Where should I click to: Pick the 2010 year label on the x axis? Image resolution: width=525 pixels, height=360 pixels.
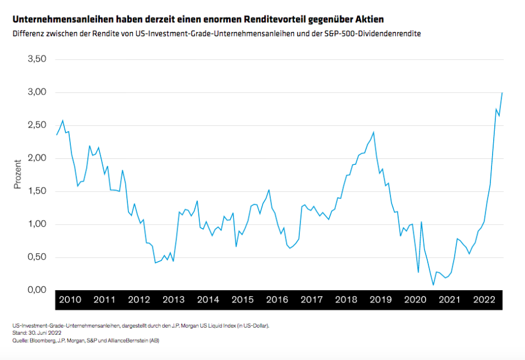(x=70, y=300)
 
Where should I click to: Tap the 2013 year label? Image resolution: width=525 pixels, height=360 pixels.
(x=173, y=300)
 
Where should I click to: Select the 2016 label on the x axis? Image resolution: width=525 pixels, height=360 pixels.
(x=277, y=300)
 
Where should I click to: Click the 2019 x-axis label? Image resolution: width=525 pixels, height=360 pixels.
(x=380, y=300)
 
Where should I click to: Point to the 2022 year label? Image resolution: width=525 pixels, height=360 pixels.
(x=484, y=300)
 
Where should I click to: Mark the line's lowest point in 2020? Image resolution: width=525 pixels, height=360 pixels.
(x=433, y=285)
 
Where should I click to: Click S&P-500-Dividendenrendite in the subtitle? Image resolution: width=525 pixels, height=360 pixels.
(x=373, y=34)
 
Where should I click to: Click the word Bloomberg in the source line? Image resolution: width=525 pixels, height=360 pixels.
(x=44, y=339)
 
